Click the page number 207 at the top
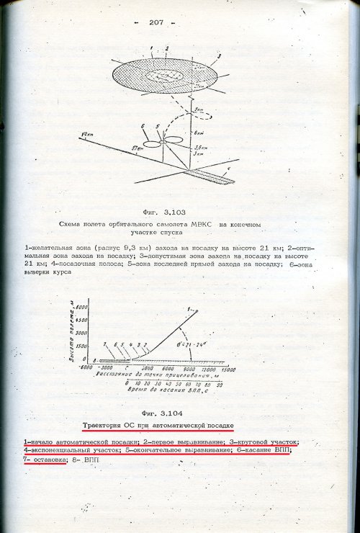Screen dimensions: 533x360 (x=157, y=22)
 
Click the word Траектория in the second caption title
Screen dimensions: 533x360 (x=109, y=426)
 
